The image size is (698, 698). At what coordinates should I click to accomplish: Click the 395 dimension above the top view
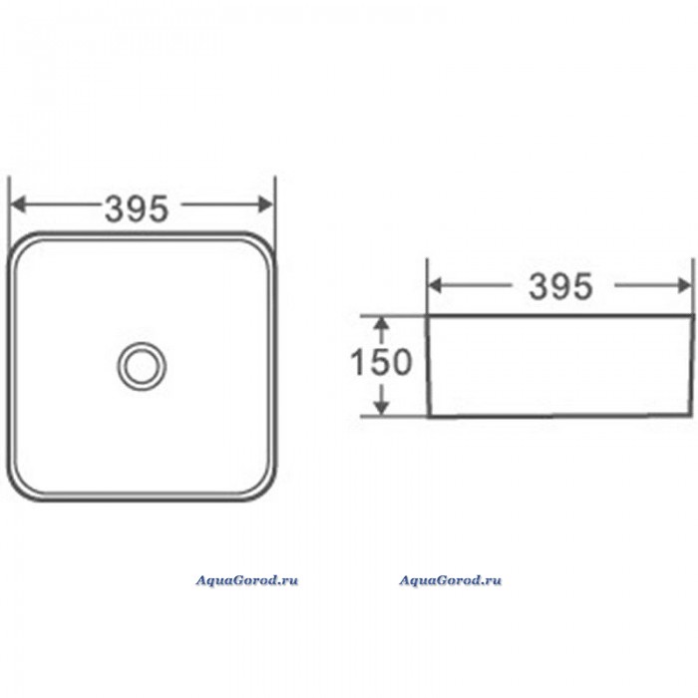[137, 208]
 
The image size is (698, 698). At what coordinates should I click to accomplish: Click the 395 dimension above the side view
[560, 286]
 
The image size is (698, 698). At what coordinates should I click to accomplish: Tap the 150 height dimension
[381, 361]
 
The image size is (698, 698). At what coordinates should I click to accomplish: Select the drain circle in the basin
[142, 366]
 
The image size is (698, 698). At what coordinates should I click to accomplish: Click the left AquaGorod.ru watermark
[247, 580]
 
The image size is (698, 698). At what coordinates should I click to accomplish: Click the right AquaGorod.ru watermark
[450, 580]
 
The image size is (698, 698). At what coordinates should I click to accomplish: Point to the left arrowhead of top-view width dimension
[18, 204]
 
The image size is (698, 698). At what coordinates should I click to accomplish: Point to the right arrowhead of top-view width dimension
[266, 204]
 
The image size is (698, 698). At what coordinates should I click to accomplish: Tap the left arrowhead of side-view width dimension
[435, 286]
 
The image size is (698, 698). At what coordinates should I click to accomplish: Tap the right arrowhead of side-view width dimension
[685, 286]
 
